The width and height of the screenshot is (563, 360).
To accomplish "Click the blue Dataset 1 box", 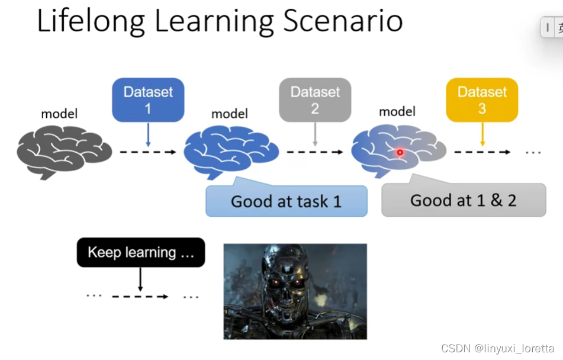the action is [148, 100].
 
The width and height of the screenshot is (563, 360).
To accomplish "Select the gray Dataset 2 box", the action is [315, 100].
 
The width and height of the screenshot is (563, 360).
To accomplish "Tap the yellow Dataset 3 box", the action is [482, 100].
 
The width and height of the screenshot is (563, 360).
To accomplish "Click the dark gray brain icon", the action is [64, 153].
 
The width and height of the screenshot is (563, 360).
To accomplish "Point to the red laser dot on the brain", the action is [400, 153].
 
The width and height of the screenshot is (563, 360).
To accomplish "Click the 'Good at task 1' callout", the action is [287, 201].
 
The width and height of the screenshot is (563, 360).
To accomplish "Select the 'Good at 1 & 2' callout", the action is [464, 200].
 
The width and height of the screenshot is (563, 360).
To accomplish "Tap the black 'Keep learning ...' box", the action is [141, 252].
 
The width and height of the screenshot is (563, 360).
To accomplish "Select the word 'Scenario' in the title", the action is [343, 21].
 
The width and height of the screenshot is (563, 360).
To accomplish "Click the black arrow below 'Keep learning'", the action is [140, 278].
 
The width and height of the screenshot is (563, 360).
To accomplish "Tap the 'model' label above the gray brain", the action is [59, 114].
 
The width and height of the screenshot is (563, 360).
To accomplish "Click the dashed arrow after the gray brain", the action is [148, 153].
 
